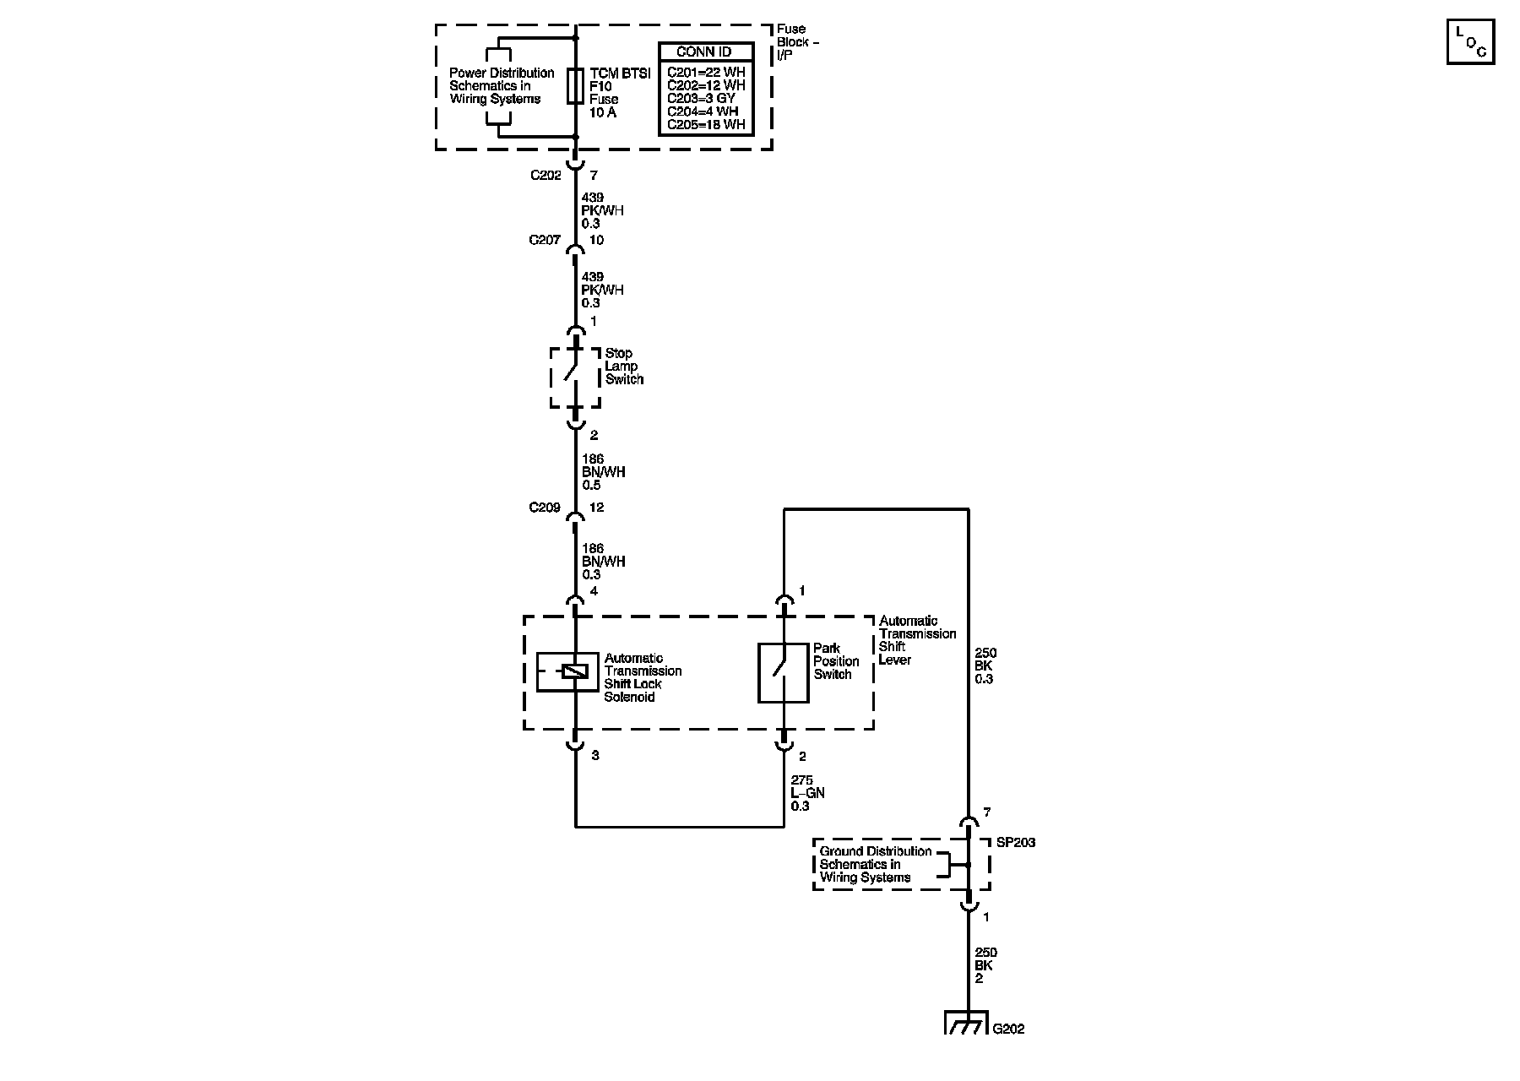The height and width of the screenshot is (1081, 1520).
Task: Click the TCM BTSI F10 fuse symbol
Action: (x=575, y=86)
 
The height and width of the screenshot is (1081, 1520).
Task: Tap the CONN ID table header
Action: (x=704, y=52)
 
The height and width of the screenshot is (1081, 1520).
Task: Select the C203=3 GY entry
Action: (x=701, y=98)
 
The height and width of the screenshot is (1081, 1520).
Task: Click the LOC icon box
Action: (x=1470, y=41)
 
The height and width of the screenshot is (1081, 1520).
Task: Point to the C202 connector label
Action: (x=546, y=176)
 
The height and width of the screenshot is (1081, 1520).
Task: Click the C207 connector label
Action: (x=546, y=240)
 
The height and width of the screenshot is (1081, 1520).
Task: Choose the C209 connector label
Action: (x=546, y=508)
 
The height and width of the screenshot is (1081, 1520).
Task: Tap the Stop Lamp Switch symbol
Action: (x=575, y=377)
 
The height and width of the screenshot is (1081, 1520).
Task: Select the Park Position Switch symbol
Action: (x=784, y=672)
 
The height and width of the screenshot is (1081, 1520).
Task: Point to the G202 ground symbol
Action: (x=966, y=1023)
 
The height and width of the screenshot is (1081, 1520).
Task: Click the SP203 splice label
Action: (x=1016, y=843)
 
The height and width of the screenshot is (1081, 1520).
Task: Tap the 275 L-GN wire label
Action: (x=807, y=794)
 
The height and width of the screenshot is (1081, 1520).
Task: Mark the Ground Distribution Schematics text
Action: (x=876, y=864)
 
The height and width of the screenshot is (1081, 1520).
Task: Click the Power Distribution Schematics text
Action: (x=502, y=86)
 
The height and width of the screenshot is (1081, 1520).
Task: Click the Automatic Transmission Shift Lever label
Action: (x=918, y=640)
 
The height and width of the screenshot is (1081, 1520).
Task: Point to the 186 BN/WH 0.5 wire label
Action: (x=604, y=472)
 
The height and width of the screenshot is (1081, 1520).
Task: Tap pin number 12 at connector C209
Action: (x=597, y=508)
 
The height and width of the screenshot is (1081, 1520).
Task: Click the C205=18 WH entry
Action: (x=707, y=124)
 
